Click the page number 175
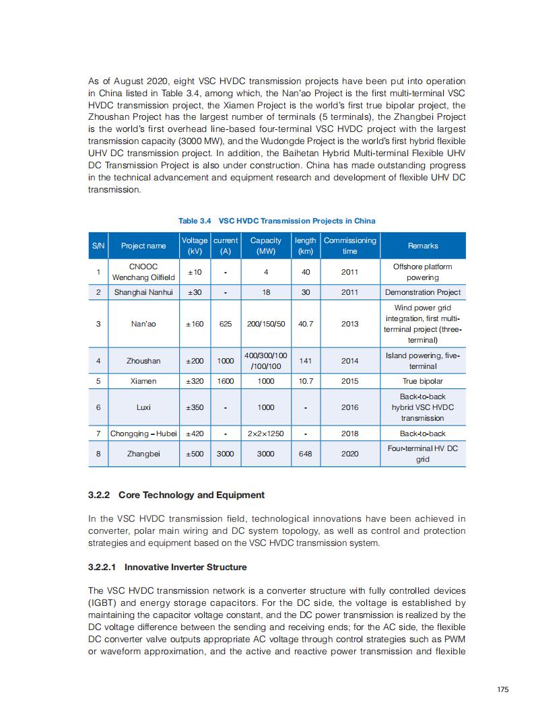coord(502,689)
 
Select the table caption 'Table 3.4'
coord(195,221)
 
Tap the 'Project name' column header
coord(143,246)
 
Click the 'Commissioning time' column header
coord(349,246)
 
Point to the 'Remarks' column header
coord(423,246)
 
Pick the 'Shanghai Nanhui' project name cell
coord(143,292)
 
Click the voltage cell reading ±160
coord(195,324)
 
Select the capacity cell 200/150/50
coord(266,324)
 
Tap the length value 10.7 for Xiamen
coord(306,381)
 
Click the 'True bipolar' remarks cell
coord(423,381)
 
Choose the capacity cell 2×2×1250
coord(266,434)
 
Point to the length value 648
coord(306,454)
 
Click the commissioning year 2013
coord(349,324)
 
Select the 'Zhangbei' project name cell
coord(143,454)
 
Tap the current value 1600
coord(226,381)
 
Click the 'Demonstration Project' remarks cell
coord(423,292)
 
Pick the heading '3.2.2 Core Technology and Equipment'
coord(176,495)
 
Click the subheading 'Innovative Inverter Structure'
coord(185,567)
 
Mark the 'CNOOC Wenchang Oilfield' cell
coord(143,272)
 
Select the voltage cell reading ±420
coord(195,434)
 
